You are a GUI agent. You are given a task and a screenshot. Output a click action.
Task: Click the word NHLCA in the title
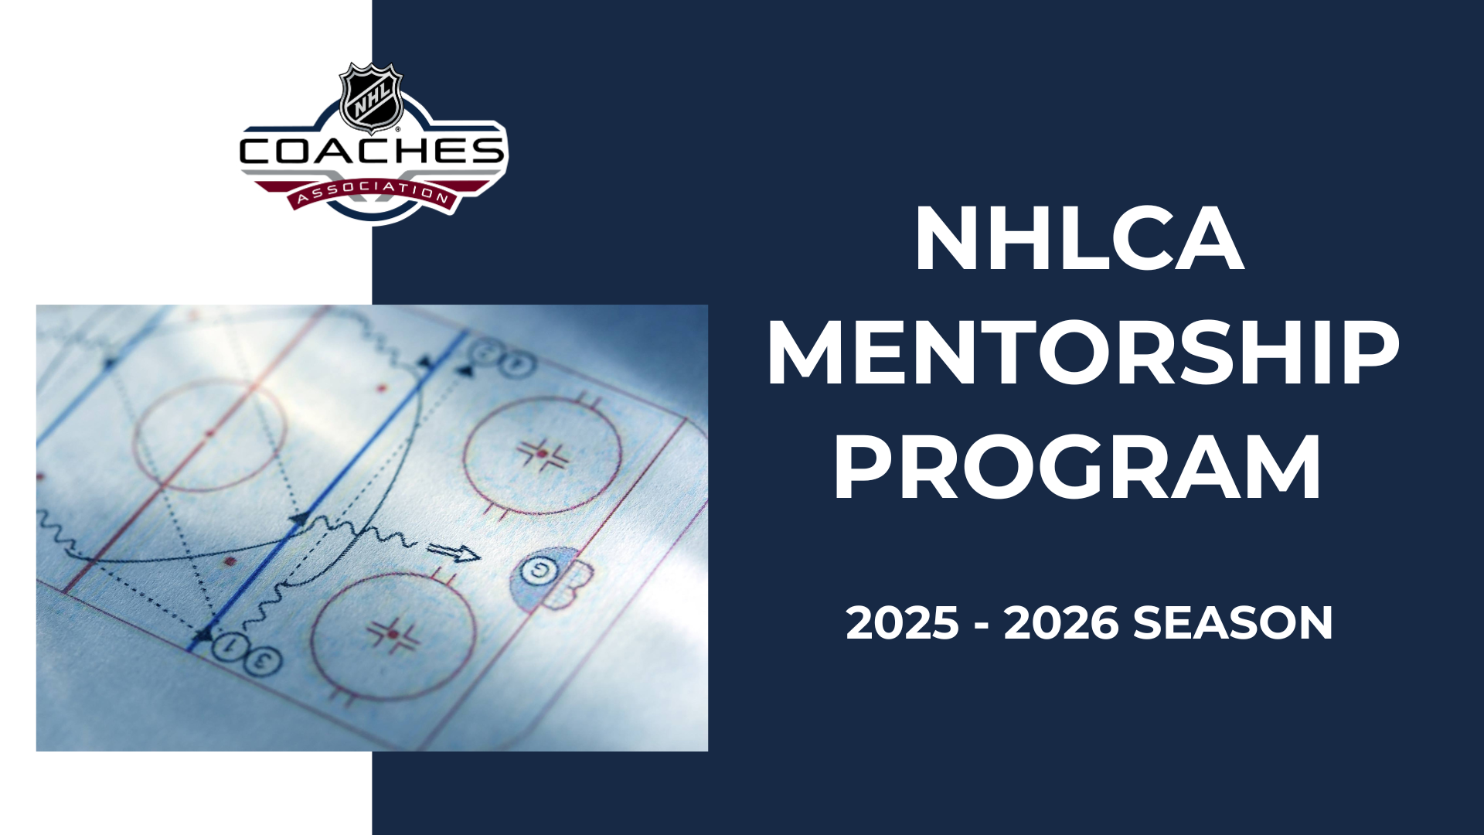[x=1080, y=239]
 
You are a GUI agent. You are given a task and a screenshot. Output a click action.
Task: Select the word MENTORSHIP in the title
[x=1083, y=353]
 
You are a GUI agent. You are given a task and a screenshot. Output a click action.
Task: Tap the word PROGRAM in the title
[x=1077, y=468]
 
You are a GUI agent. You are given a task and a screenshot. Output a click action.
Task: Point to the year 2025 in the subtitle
[x=902, y=623]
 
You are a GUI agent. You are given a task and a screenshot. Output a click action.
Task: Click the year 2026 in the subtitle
[x=1061, y=623]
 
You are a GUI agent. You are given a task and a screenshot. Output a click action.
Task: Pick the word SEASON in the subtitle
[x=1233, y=623]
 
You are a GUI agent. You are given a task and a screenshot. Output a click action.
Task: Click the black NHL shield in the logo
[x=372, y=97]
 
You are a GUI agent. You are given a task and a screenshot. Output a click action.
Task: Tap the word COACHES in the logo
[x=372, y=152]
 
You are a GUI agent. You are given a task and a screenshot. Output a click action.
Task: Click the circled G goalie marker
[x=535, y=571]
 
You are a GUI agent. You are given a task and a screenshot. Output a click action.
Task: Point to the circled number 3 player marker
[x=264, y=659]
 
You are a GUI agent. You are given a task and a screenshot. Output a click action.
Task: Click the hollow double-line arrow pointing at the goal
[x=454, y=552]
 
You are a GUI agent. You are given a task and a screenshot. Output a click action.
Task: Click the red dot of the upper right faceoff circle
[x=543, y=453]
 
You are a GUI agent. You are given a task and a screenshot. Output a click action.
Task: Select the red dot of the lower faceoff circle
[x=393, y=634]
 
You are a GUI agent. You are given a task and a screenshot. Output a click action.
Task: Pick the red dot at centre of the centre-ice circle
[x=209, y=434]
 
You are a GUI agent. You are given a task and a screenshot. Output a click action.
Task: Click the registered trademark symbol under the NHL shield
[x=398, y=130]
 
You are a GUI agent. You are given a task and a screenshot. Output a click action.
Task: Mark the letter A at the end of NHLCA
[x=1210, y=240]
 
